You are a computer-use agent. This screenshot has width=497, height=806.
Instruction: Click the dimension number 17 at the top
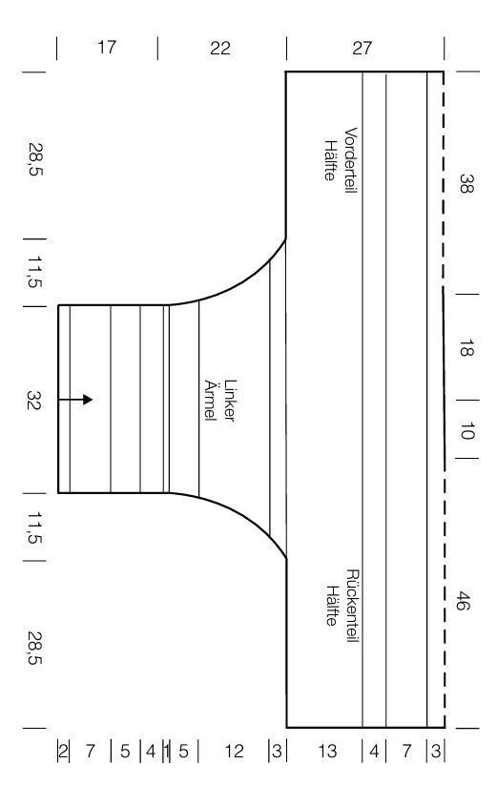[x=107, y=48]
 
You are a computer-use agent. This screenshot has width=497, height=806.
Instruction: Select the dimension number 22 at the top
[x=220, y=49]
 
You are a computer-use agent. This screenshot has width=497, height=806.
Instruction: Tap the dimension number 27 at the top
[x=362, y=49]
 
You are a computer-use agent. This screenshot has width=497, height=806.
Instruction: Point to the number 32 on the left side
[x=34, y=400]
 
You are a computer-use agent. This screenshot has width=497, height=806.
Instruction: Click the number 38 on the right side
[x=466, y=183]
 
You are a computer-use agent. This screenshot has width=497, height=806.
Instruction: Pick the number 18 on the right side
[x=466, y=348]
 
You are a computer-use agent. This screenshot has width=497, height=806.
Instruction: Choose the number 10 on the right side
[x=466, y=431]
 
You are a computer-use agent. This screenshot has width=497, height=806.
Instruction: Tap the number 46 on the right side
[x=463, y=601]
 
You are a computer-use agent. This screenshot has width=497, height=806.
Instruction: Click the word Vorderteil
[x=350, y=160]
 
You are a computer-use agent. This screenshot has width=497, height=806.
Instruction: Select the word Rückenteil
[x=352, y=606]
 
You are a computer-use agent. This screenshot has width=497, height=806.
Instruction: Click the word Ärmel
[x=211, y=400]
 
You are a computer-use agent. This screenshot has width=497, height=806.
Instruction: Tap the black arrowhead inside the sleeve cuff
[x=88, y=400]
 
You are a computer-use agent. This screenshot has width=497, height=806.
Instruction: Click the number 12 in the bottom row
[x=234, y=752]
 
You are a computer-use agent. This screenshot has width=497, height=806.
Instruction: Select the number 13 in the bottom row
[x=327, y=752]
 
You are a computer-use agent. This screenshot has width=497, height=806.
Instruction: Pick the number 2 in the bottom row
[x=63, y=752]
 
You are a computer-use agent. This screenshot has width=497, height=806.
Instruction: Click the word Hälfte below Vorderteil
[x=330, y=160]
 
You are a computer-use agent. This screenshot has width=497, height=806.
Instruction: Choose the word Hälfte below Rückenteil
[x=332, y=606]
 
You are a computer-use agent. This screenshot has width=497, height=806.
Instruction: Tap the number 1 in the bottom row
[x=166, y=752]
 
